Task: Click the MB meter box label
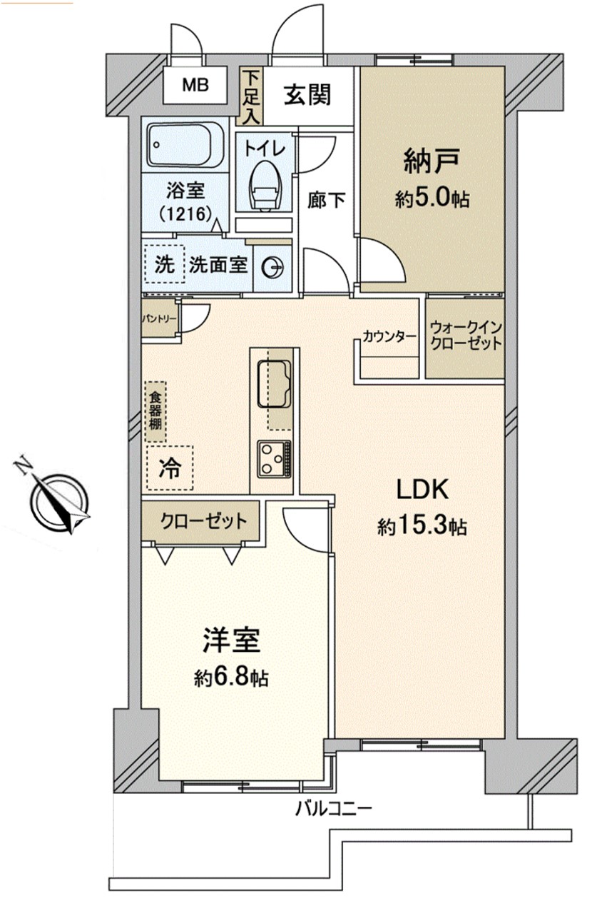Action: click(195, 85)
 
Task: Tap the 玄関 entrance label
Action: click(307, 96)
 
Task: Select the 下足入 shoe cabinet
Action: click(251, 96)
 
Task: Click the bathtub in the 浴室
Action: click(185, 145)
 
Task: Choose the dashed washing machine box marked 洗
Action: click(165, 264)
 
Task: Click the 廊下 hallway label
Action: click(326, 200)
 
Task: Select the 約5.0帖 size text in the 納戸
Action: click(432, 198)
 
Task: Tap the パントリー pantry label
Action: click(160, 319)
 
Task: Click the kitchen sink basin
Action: click(274, 383)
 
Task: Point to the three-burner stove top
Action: click(275, 459)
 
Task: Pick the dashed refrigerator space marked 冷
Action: click(170, 468)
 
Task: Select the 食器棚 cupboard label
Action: click(155, 412)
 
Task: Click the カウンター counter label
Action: click(389, 336)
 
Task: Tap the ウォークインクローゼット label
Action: click(466, 336)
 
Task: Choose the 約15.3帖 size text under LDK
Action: click(422, 526)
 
